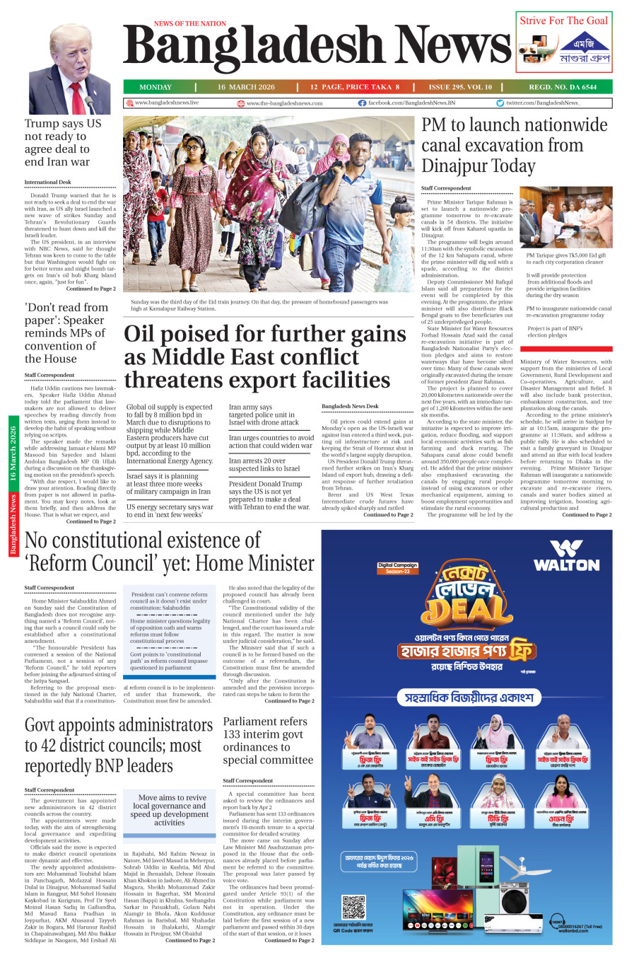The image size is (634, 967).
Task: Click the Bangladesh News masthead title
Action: pos(317,47)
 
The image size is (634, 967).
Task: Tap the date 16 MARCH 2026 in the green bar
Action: pos(246,87)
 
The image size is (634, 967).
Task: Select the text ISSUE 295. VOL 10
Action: pos(460,87)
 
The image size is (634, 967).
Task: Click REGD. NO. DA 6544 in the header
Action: pos(563,87)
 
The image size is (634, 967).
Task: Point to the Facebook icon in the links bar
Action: pos(362,103)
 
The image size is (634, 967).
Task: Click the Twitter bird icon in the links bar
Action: pos(500,103)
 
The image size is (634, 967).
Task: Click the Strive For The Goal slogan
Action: pos(563,21)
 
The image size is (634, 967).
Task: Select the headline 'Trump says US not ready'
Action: pos(62,142)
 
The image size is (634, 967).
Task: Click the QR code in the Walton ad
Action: pos(353,908)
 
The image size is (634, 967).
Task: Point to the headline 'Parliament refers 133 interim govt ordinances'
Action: pos(268,741)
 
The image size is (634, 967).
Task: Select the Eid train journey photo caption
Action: pos(259,305)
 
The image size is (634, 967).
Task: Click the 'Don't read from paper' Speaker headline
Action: pos(65,332)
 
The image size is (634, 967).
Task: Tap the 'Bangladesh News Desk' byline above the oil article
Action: pos(350,406)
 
